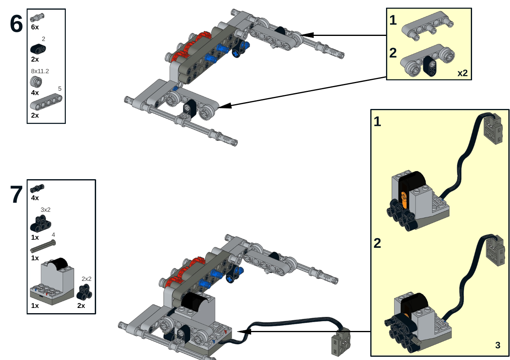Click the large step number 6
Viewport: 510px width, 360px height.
(x=17, y=24)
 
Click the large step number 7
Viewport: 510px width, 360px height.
(x=17, y=195)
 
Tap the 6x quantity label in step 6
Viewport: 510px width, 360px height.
(x=35, y=27)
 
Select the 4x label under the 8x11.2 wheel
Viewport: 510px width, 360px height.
(x=35, y=92)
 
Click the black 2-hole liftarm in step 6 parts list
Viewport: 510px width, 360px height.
(x=38, y=49)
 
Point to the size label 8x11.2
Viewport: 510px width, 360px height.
(x=40, y=71)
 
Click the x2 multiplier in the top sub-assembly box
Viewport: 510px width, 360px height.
(x=462, y=73)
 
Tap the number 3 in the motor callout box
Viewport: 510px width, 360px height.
(x=497, y=345)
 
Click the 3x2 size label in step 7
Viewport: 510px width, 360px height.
(x=46, y=210)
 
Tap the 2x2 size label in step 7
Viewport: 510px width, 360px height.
(x=86, y=279)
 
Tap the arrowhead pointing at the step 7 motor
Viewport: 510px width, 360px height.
(x=245, y=331)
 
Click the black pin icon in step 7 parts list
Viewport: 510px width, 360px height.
(x=37, y=188)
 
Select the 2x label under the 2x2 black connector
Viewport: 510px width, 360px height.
(x=81, y=306)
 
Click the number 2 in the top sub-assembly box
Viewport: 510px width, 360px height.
(x=393, y=53)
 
